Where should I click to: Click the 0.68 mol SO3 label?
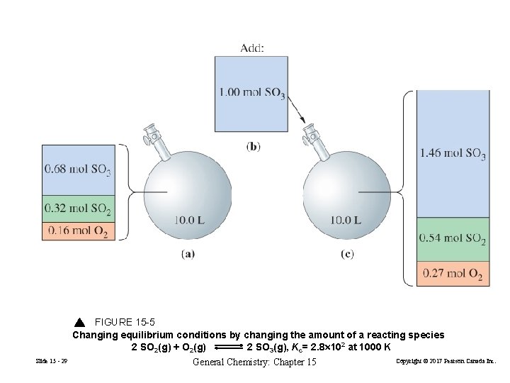point(77,170)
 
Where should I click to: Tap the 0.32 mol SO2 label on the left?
point(77,209)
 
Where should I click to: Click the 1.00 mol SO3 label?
point(251,93)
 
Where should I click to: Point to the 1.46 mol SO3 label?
point(453,153)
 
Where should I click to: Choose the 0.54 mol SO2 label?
point(452,238)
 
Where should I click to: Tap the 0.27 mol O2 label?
point(452,273)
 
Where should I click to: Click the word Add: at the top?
point(252,48)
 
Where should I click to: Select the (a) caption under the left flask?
point(188,253)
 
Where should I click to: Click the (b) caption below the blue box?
point(253,147)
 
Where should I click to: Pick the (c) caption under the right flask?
point(346,253)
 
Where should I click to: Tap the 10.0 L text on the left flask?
point(190,220)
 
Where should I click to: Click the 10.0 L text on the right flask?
point(346,220)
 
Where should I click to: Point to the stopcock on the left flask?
point(152,134)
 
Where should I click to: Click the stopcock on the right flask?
point(310,133)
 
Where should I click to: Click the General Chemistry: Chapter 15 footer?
point(254,362)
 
